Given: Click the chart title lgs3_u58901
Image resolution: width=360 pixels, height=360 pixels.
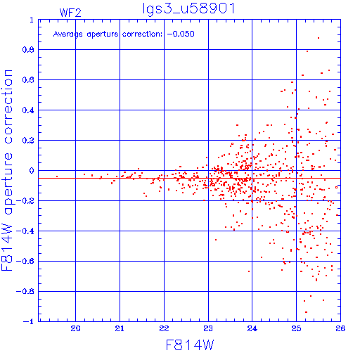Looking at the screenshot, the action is coord(189,9).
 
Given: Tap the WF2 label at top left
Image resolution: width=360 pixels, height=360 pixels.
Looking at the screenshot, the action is coord(70,13).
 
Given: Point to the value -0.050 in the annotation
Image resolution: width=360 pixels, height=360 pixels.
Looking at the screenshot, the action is coord(181,34).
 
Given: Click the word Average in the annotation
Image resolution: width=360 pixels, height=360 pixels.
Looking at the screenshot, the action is coord(68,34).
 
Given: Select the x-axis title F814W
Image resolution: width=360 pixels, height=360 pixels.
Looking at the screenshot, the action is coord(190,345).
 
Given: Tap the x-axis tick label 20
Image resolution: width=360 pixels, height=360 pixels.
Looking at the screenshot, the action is coord(75,328).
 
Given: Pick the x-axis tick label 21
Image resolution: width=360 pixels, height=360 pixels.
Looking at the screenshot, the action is coord(120,328).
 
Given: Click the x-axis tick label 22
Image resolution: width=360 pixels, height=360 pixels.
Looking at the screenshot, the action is coord(164,328).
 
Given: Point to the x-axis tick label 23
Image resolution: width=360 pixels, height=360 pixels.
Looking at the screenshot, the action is coord(208,328).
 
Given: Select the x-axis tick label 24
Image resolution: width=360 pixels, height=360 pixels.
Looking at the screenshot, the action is coord(252,328).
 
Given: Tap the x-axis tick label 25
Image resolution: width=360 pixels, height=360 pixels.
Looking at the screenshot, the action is coord(296,328).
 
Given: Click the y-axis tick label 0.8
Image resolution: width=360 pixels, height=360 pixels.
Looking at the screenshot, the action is coord(28,50).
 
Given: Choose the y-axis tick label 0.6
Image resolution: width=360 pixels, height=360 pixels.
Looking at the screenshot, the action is coord(28,80).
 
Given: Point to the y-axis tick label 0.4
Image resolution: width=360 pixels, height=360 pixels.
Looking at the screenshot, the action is coord(28,110).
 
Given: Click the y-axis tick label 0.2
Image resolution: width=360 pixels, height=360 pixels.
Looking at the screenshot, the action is coord(28,141).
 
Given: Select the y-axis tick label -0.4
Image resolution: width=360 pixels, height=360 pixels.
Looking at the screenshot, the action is coord(25,231).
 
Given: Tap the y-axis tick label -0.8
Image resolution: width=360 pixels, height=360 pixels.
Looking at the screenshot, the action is coord(25,292).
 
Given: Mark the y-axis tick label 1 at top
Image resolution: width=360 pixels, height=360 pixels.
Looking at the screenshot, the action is coord(32,20).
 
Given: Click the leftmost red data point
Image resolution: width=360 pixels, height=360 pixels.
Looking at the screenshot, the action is coord(57,176).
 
